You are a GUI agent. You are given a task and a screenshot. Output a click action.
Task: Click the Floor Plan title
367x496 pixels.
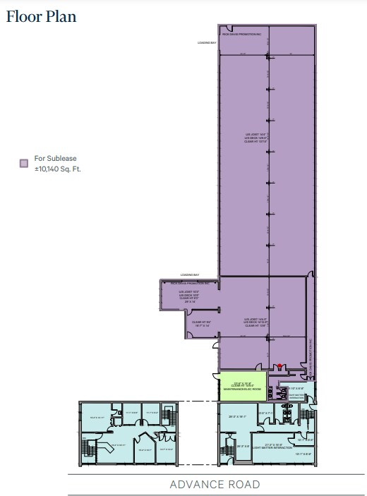[x=41, y=16]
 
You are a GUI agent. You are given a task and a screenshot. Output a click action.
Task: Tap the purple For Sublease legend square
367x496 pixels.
[x=23, y=164]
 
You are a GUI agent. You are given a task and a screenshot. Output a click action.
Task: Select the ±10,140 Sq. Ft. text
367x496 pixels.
[x=58, y=169]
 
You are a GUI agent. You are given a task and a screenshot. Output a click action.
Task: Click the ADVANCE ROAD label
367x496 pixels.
[x=215, y=484]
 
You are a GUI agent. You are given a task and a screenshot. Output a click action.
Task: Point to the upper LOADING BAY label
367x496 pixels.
[x=207, y=43]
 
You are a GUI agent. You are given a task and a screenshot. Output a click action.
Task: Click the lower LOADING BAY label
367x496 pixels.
[x=190, y=274]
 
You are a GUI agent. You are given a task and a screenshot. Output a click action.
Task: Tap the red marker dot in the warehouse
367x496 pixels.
[x=280, y=365]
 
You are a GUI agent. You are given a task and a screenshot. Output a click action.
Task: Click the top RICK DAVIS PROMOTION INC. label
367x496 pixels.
[x=242, y=34]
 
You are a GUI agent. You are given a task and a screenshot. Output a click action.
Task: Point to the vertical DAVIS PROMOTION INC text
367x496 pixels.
[x=311, y=351]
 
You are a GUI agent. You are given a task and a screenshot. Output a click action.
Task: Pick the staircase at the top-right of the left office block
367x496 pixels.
[x=169, y=412]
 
